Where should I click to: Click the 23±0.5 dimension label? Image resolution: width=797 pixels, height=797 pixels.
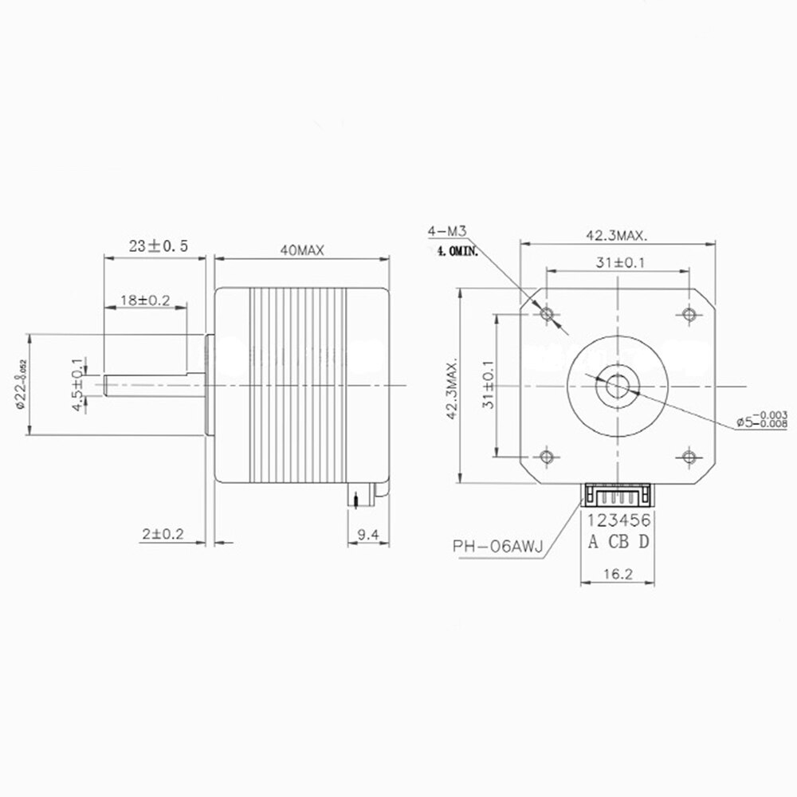[158, 247]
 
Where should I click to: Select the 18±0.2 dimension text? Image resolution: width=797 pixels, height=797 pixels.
[145, 300]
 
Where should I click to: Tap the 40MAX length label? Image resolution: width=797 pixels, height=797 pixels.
[301, 249]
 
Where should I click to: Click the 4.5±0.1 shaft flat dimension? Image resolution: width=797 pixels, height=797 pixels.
[77, 384]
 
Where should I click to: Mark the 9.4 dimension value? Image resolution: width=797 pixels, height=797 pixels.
[367, 535]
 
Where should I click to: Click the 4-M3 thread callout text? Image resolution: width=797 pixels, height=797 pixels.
[446, 232]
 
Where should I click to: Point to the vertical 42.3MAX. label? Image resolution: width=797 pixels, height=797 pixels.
[450, 387]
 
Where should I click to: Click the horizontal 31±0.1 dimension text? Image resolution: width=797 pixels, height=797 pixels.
[618, 262]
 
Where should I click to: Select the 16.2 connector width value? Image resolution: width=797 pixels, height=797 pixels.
[618, 572]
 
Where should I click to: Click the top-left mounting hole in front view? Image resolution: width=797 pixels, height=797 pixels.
[547, 316]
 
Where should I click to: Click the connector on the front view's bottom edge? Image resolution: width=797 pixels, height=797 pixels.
[618, 496]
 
